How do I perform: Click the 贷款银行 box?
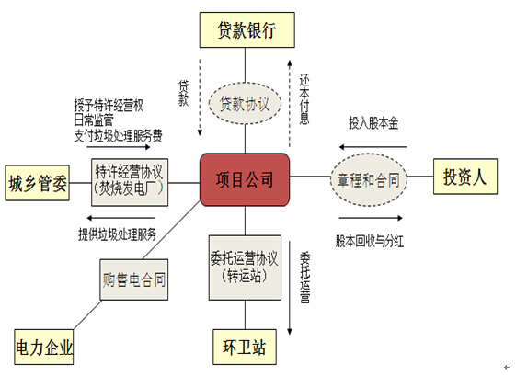click(x=247, y=30)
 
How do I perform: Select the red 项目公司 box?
click(x=245, y=179)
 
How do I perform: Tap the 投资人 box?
click(x=465, y=177)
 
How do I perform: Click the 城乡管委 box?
click(x=37, y=183)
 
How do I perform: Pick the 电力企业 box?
click(x=44, y=347)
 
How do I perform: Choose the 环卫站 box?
click(x=245, y=347)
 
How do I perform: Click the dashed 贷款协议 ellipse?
click(x=245, y=104)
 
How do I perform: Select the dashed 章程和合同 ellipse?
click(x=369, y=179)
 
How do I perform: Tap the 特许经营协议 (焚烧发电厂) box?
click(x=130, y=183)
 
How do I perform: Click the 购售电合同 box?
click(x=134, y=279)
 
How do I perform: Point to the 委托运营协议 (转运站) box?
click(x=245, y=268)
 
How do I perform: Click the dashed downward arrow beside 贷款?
click(x=200, y=97)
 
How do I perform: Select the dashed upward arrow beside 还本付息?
click(x=290, y=104)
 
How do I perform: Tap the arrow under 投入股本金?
click(x=373, y=147)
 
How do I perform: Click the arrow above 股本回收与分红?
click(x=371, y=218)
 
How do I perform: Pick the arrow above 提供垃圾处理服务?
click(x=120, y=218)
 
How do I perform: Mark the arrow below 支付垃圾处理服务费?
click(x=119, y=147)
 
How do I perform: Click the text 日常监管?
click(x=94, y=120)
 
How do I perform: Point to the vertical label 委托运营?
click(x=304, y=278)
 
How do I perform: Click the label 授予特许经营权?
click(x=109, y=106)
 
